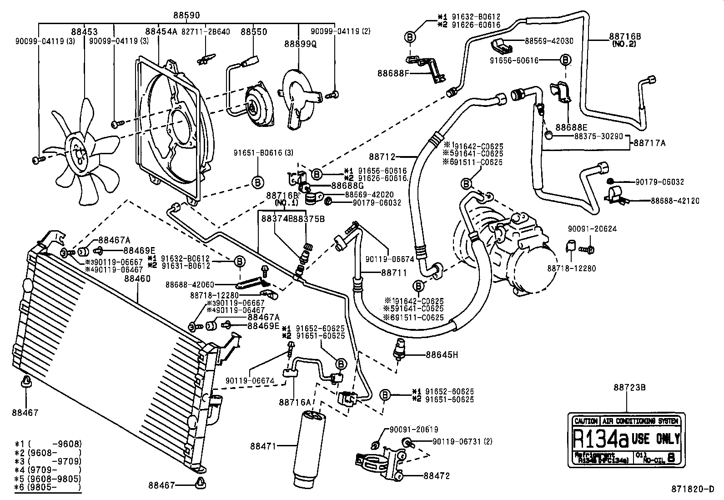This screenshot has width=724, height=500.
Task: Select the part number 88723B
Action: point(629,388)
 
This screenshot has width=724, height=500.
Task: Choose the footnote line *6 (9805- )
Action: point(48,487)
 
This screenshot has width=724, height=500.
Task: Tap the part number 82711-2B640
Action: point(206,32)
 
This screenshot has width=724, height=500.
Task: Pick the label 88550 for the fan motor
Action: point(254,32)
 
